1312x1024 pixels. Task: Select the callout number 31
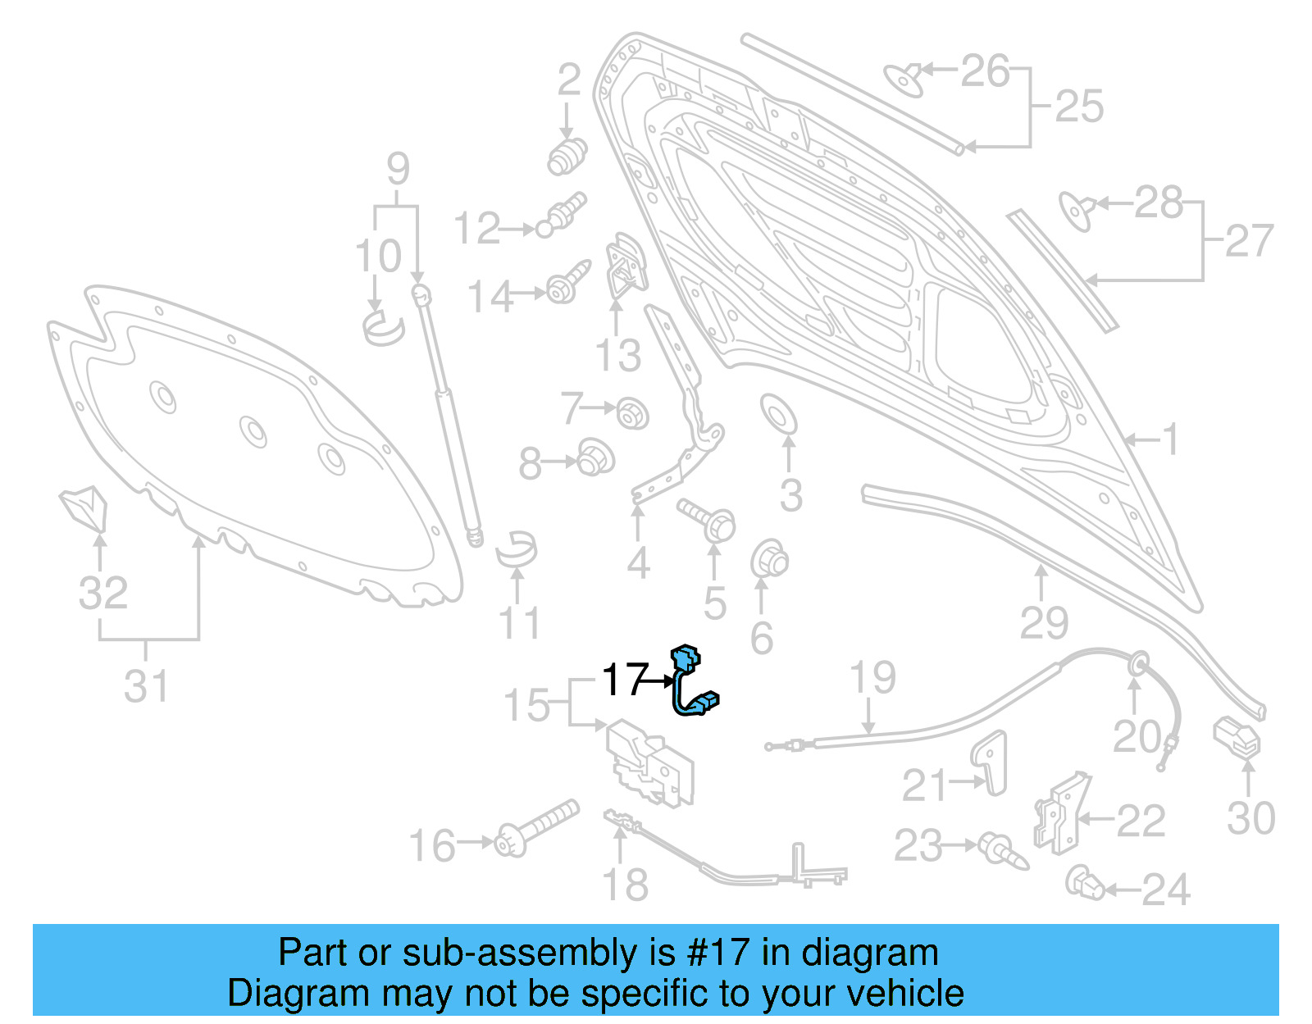pos(146,685)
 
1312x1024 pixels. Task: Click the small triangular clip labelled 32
pos(84,507)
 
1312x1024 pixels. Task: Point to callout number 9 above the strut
pos(398,169)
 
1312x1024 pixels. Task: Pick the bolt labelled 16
pos(536,827)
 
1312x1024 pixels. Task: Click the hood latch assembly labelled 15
pos(649,763)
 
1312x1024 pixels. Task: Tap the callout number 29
pos(1044,622)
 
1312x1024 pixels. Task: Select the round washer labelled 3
pos(778,413)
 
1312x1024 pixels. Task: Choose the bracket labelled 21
pos(991,762)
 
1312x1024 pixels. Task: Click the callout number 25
pos(1078,107)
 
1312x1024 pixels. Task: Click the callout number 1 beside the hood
pos(1170,439)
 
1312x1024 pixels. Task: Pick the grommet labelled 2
pos(567,155)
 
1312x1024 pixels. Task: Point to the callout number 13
pos(617,356)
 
